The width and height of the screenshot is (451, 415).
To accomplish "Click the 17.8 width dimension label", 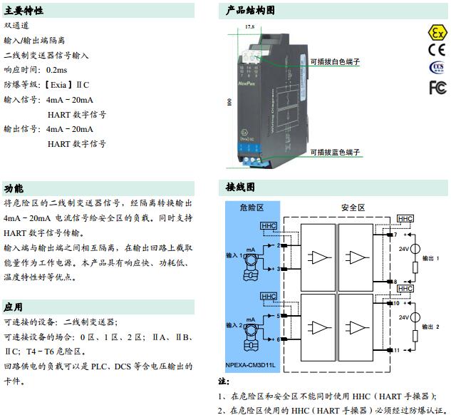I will [249, 26].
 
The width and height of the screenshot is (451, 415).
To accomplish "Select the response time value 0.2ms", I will [56, 70].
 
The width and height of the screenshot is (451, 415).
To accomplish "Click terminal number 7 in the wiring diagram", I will [395, 234].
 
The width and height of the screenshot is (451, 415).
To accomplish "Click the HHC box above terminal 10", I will [405, 288].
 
